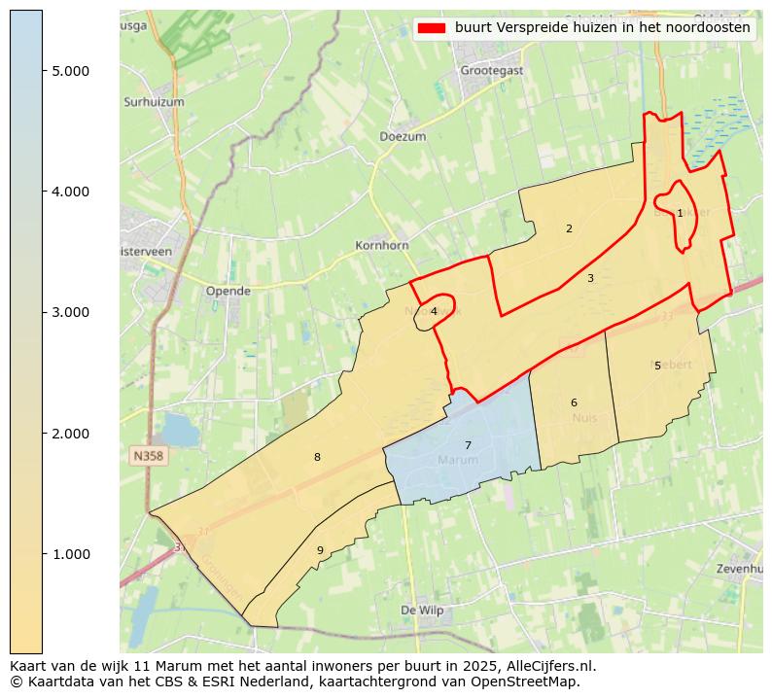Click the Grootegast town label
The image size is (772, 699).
[491, 70]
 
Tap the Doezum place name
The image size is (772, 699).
[403, 137]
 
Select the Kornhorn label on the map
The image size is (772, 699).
[382, 246]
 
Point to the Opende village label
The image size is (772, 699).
[228, 291]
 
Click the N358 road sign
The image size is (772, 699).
[149, 454]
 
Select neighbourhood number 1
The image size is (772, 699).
[680, 213]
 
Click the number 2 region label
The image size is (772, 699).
[569, 229]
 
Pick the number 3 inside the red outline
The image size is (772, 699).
[590, 278]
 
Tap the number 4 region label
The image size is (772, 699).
[434, 312]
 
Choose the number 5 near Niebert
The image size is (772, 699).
[657, 367]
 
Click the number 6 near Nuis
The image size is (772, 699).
[574, 402]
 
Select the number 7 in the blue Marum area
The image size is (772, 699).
[468, 446]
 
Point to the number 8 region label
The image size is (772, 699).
[317, 457]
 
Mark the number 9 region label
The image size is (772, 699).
[320, 550]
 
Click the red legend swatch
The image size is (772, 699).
[432, 28]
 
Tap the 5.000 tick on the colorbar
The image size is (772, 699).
[71, 71]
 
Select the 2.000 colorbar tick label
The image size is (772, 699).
[71, 434]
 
